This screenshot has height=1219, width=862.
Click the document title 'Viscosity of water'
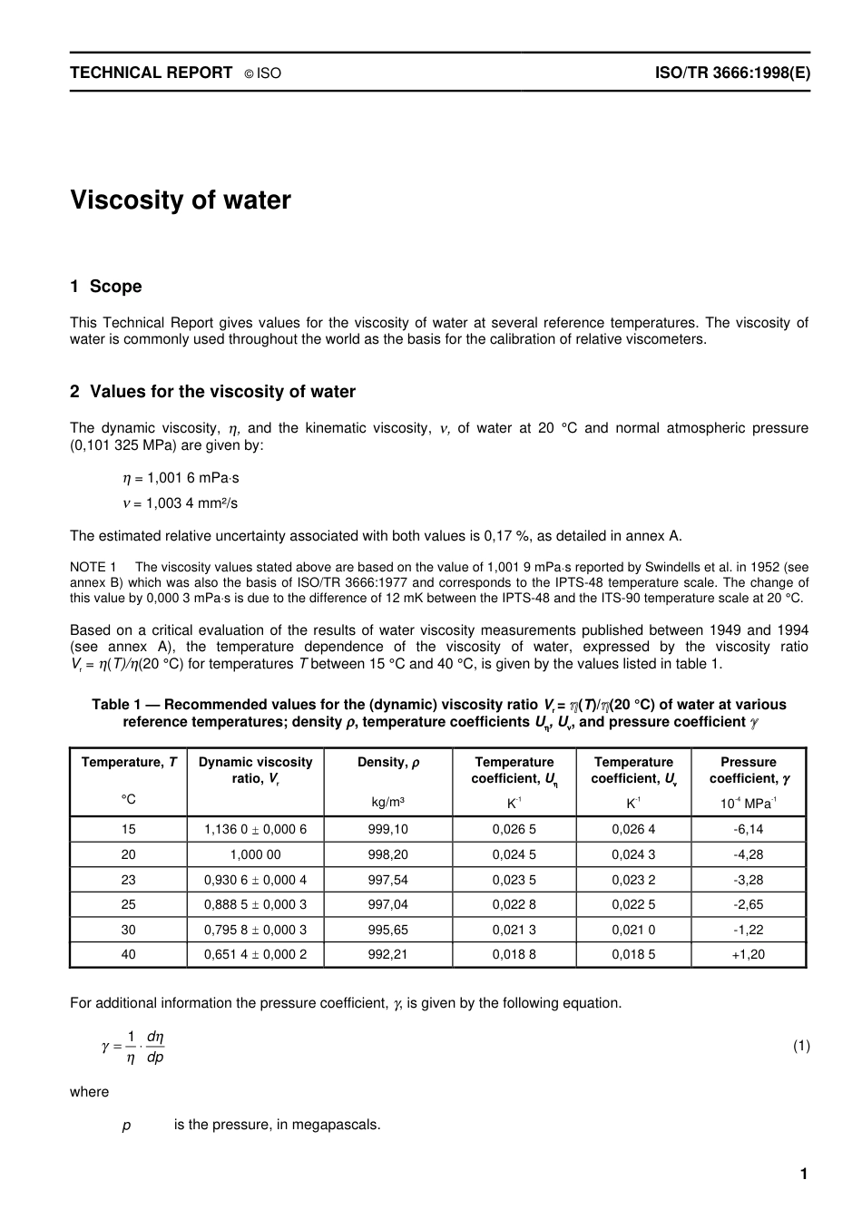[181, 200]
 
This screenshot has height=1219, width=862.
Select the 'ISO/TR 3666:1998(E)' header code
[732, 73]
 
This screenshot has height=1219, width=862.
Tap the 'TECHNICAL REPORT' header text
[152, 73]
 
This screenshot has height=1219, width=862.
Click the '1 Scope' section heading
[106, 287]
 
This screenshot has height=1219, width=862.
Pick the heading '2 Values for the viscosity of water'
[212, 392]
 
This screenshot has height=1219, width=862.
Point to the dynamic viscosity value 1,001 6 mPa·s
[181, 477]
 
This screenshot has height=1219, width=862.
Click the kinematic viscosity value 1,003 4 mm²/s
[181, 503]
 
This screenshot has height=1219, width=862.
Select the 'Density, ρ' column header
[387, 763]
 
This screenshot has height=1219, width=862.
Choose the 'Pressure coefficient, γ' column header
[749, 770]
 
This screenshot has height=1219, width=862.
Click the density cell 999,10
[387, 829]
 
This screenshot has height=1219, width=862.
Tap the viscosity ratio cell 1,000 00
[255, 854]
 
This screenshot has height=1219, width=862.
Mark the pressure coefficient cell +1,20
[749, 954]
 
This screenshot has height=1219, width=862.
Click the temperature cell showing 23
[128, 879]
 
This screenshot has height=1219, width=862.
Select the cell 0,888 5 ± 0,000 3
[255, 904]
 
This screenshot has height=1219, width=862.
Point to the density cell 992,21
[387, 954]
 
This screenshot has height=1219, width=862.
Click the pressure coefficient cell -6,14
[749, 829]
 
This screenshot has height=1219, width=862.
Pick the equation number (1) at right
[800, 1046]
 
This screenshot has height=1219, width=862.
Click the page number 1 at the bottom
[803, 1175]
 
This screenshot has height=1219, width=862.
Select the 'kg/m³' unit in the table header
[387, 803]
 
